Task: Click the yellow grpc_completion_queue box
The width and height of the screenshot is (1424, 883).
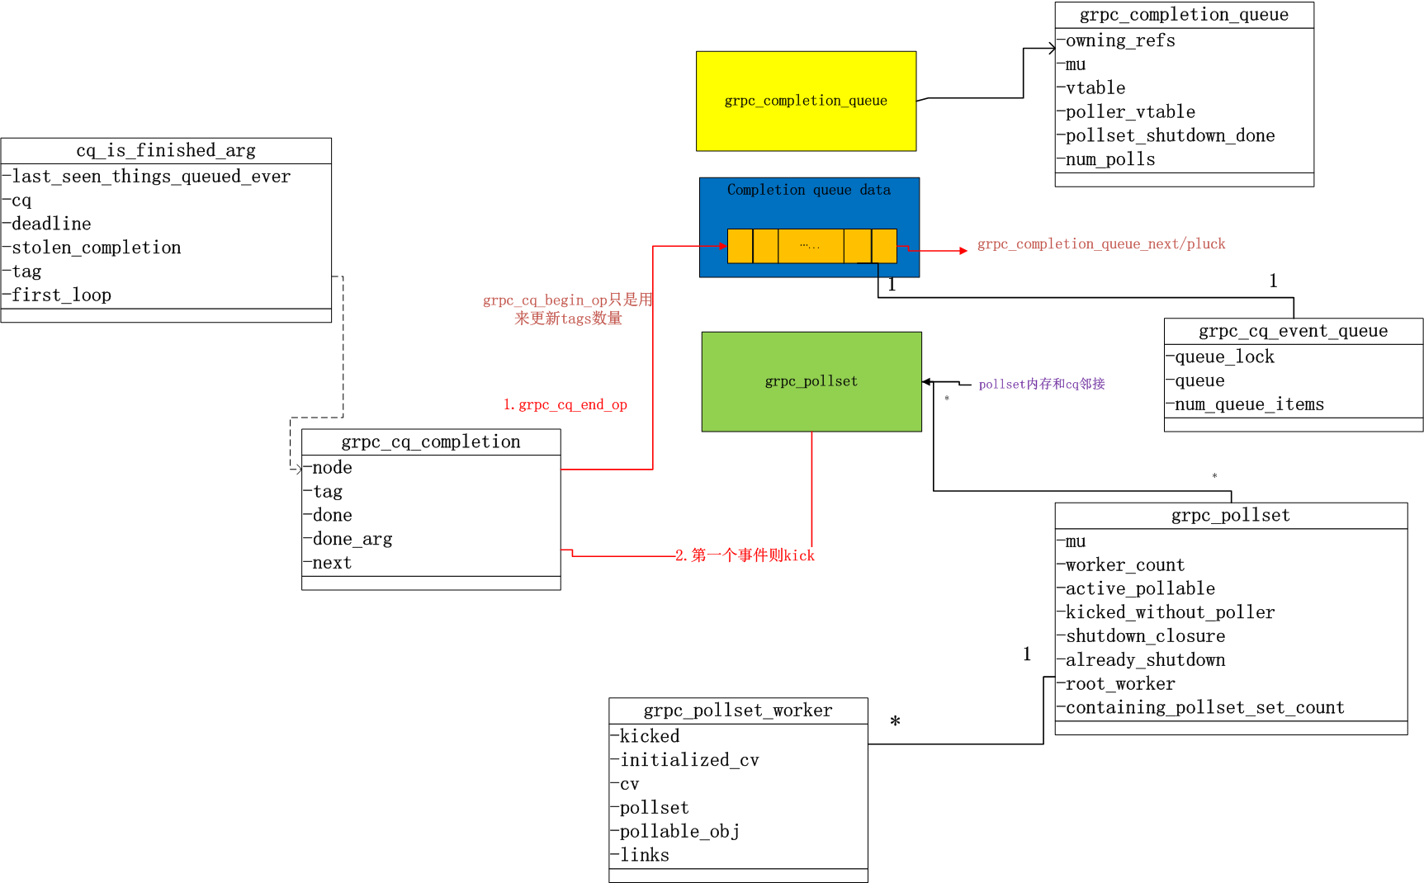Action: (x=806, y=101)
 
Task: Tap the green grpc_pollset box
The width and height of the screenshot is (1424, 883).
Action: (x=811, y=381)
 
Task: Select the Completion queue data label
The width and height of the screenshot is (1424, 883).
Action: (x=808, y=190)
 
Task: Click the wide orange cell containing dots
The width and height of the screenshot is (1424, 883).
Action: (x=810, y=246)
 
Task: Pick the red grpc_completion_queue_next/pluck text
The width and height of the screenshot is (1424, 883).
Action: (x=1100, y=244)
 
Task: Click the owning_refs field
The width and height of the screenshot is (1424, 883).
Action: (x=1119, y=40)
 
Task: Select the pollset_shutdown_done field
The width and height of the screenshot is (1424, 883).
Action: (x=1169, y=135)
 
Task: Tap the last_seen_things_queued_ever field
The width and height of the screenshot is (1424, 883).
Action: (x=150, y=177)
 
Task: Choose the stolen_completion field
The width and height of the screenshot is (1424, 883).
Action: (x=96, y=248)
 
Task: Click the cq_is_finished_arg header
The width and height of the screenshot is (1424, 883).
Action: (x=166, y=150)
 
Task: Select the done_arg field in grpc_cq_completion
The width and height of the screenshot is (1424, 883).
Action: (x=352, y=539)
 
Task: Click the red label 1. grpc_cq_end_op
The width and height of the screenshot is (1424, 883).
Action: (x=565, y=404)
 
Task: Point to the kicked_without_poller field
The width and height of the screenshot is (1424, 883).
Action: (x=1169, y=612)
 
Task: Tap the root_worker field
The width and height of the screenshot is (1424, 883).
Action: (x=1119, y=684)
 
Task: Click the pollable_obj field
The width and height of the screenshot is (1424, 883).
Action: (x=679, y=831)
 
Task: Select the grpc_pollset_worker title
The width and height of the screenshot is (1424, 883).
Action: (x=737, y=711)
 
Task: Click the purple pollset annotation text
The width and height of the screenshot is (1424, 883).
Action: (x=1041, y=384)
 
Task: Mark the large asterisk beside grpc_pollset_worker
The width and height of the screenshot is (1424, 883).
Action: (x=895, y=722)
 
